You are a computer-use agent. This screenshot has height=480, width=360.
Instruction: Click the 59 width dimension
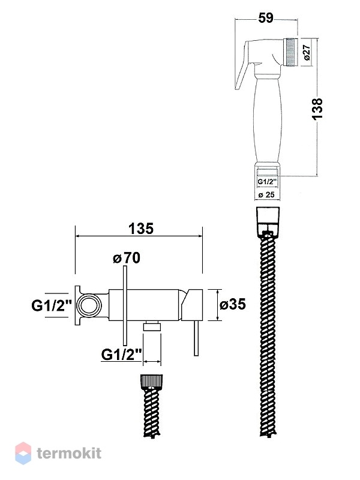[266, 18]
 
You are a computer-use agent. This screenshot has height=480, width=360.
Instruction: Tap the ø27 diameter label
[307, 52]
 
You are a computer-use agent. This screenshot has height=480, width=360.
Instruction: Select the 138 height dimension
[317, 109]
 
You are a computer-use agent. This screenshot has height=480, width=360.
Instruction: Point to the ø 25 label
[266, 194]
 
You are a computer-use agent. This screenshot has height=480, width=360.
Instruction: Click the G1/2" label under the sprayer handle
[267, 182]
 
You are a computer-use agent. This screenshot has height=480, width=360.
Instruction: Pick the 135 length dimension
[141, 229]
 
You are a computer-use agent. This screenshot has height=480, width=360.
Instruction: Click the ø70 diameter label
[127, 258]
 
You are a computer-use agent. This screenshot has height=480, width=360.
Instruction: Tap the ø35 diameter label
[233, 304]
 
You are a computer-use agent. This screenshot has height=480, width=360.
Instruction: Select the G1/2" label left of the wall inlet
[52, 305]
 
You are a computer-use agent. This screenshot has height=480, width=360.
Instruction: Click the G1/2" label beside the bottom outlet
[121, 355]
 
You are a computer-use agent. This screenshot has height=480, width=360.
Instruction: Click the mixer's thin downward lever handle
[197, 338]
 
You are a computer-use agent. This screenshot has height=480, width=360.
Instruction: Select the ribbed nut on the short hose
[152, 381]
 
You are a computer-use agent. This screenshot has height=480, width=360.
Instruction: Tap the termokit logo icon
[23, 453]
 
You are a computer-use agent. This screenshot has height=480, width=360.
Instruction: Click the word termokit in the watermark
[69, 454]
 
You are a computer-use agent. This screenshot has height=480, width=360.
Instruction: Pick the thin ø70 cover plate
[125, 306]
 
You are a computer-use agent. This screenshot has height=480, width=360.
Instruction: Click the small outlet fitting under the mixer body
[152, 326]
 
